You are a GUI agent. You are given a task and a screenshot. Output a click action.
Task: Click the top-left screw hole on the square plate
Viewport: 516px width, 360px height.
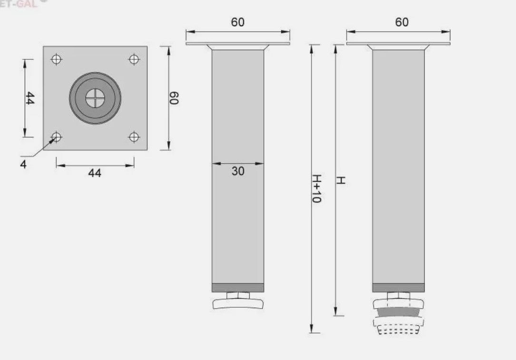(x=57, y=59)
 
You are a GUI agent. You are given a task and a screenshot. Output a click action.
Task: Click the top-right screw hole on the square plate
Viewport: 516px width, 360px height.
(x=134, y=59)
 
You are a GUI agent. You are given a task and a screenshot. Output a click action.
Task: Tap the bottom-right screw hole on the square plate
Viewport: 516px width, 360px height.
(x=134, y=137)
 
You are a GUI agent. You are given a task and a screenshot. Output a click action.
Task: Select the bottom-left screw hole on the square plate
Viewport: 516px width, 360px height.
(x=57, y=137)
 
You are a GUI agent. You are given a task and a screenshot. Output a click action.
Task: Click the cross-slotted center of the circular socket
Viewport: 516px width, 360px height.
(x=95, y=98)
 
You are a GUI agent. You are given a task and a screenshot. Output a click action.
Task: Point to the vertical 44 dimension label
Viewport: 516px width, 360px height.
(x=29, y=98)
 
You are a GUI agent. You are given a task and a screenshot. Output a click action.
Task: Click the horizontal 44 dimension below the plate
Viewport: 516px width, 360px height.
(x=95, y=173)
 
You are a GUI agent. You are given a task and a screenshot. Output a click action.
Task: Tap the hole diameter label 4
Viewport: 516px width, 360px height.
(x=23, y=164)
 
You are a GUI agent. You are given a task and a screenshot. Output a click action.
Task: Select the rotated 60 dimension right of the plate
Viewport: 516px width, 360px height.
(x=174, y=98)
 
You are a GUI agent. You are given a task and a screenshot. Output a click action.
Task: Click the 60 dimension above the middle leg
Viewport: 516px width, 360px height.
(x=238, y=22)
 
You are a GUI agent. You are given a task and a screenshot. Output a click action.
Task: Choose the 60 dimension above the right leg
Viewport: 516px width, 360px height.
(x=402, y=22)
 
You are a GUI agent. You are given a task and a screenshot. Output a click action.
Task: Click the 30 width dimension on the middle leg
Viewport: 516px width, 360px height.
(x=238, y=171)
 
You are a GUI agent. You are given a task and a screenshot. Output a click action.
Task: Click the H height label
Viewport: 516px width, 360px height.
(x=341, y=181)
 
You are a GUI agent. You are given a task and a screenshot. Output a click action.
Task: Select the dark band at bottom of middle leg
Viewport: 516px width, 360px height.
(x=238, y=288)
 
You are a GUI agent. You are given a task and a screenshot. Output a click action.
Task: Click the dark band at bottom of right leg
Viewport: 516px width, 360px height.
(x=398, y=288)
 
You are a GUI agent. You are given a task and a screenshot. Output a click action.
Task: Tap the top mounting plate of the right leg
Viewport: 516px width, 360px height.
(x=398, y=44)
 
